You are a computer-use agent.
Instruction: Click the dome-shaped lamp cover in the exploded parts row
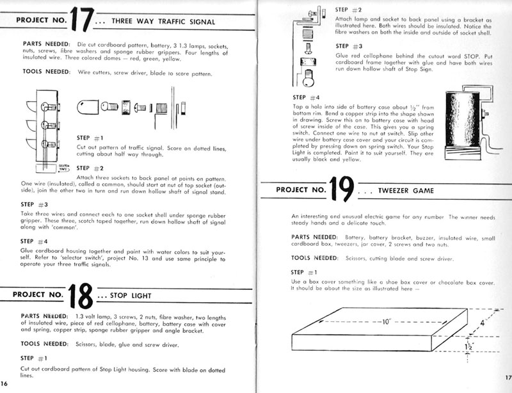(90, 106)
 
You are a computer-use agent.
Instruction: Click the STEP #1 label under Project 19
(304, 272)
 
